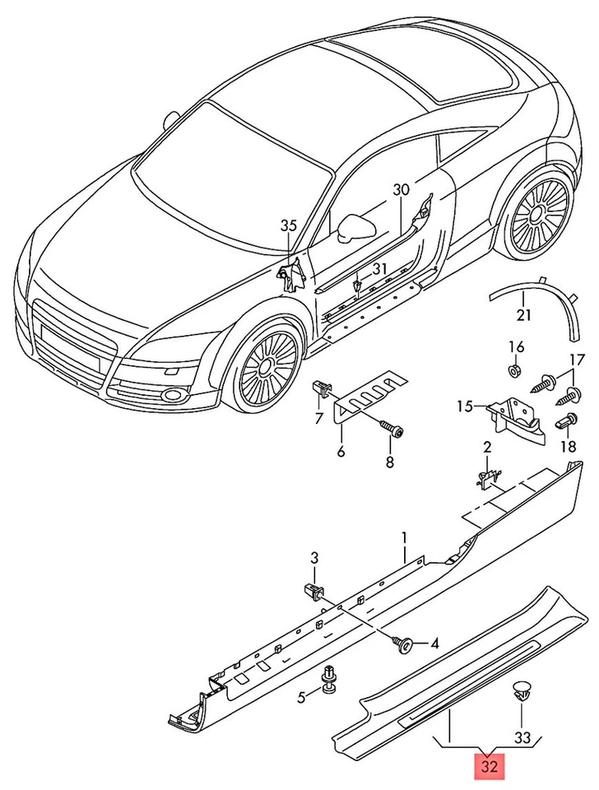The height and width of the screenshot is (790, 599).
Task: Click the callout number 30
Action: point(400,189)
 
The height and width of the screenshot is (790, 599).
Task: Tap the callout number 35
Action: point(288,225)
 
